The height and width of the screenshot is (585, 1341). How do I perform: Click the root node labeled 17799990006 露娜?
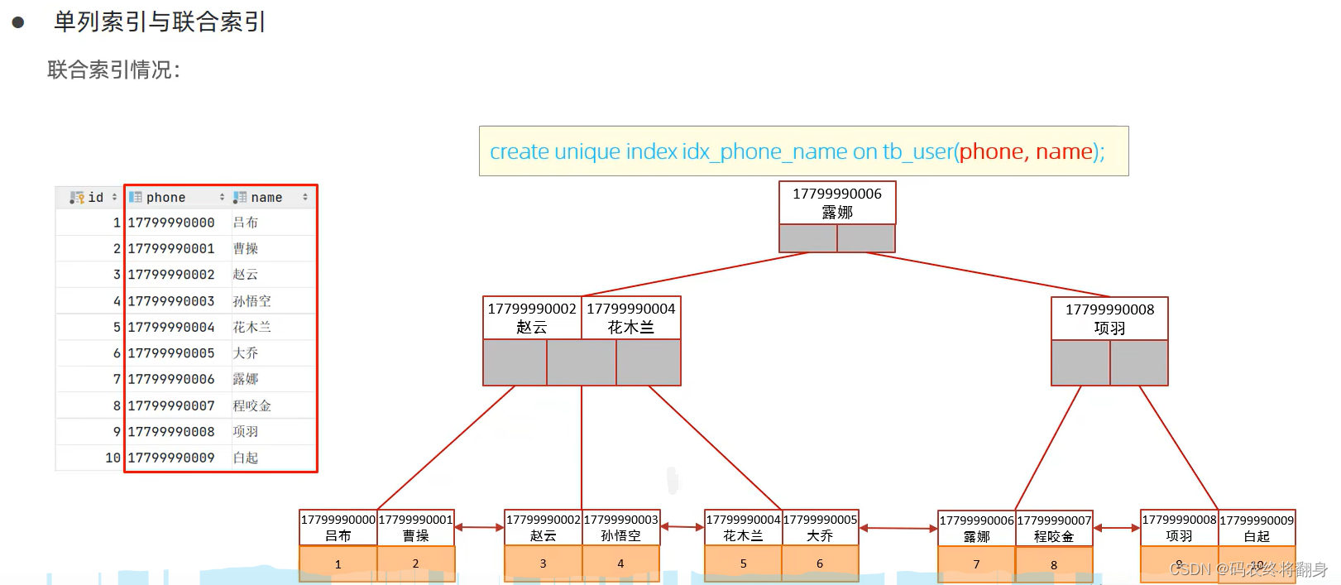pos(836,203)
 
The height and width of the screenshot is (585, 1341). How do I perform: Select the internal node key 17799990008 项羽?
pos(1109,319)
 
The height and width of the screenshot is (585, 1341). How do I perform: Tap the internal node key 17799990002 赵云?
pos(532,318)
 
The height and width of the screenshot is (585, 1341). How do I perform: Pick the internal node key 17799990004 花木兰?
pos(631,318)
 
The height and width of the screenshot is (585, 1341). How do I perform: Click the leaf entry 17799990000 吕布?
pos(338,528)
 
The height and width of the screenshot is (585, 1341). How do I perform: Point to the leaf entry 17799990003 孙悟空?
pos(621,528)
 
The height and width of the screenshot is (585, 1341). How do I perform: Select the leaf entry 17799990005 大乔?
pos(820,528)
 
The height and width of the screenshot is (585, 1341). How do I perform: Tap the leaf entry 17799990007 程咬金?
pos(1054,529)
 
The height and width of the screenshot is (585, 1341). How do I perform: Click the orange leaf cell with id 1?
pos(338,563)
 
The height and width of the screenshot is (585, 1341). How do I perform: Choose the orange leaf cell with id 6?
pos(820,563)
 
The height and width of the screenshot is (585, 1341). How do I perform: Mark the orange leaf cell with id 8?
pos(1054,564)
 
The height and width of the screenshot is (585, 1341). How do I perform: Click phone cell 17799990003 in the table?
pos(171,301)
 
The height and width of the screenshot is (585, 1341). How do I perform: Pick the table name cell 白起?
pos(246,458)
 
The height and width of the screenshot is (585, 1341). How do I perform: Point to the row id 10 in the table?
pos(113,458)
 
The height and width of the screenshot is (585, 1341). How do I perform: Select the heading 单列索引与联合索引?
pos(160,22)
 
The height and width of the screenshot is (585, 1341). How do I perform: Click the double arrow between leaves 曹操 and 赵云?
pos(479,527)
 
